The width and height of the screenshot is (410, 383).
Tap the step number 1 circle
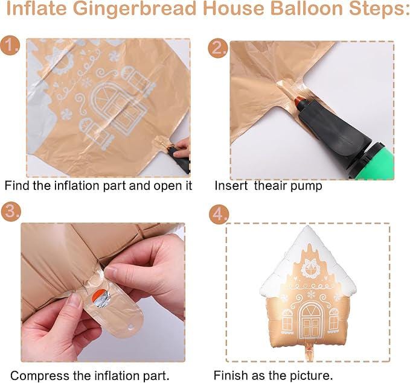coord(10,46)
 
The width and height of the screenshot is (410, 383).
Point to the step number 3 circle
coord(10,211)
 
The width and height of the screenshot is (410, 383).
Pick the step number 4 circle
coord(218,214)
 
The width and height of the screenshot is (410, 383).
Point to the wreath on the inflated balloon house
coord(311,265)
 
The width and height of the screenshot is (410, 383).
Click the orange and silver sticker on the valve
coord(96,297)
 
